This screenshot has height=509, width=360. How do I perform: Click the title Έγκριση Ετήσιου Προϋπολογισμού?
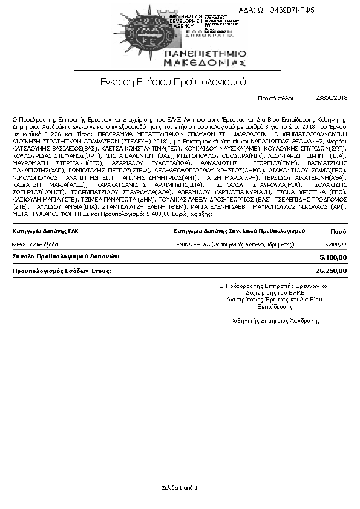click(x=172, y=81)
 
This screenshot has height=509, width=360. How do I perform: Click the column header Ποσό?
click(x=338, y=248)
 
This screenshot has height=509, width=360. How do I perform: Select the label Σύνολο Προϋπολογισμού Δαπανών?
click(x=66, y=274)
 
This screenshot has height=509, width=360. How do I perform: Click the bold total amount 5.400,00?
click(x=334, y=274)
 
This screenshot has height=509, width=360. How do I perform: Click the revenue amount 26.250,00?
click(x=332, y=288)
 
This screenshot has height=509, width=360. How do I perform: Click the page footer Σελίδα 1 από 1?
click(x=180, y=487)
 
